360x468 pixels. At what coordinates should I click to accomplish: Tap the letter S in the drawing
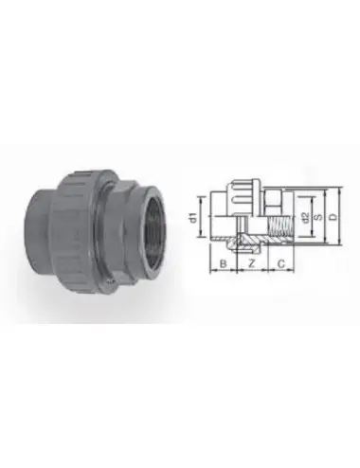click(x=319, y=219)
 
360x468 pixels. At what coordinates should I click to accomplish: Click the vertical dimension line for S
click(x=313, y=219)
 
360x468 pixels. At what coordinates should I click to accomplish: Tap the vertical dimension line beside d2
click(x=298, y=221)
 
